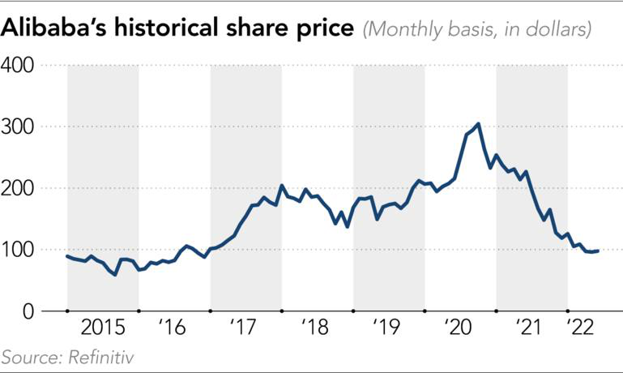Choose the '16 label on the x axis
click(x=174, y=328)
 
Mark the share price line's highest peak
click(x=478, y=124)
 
